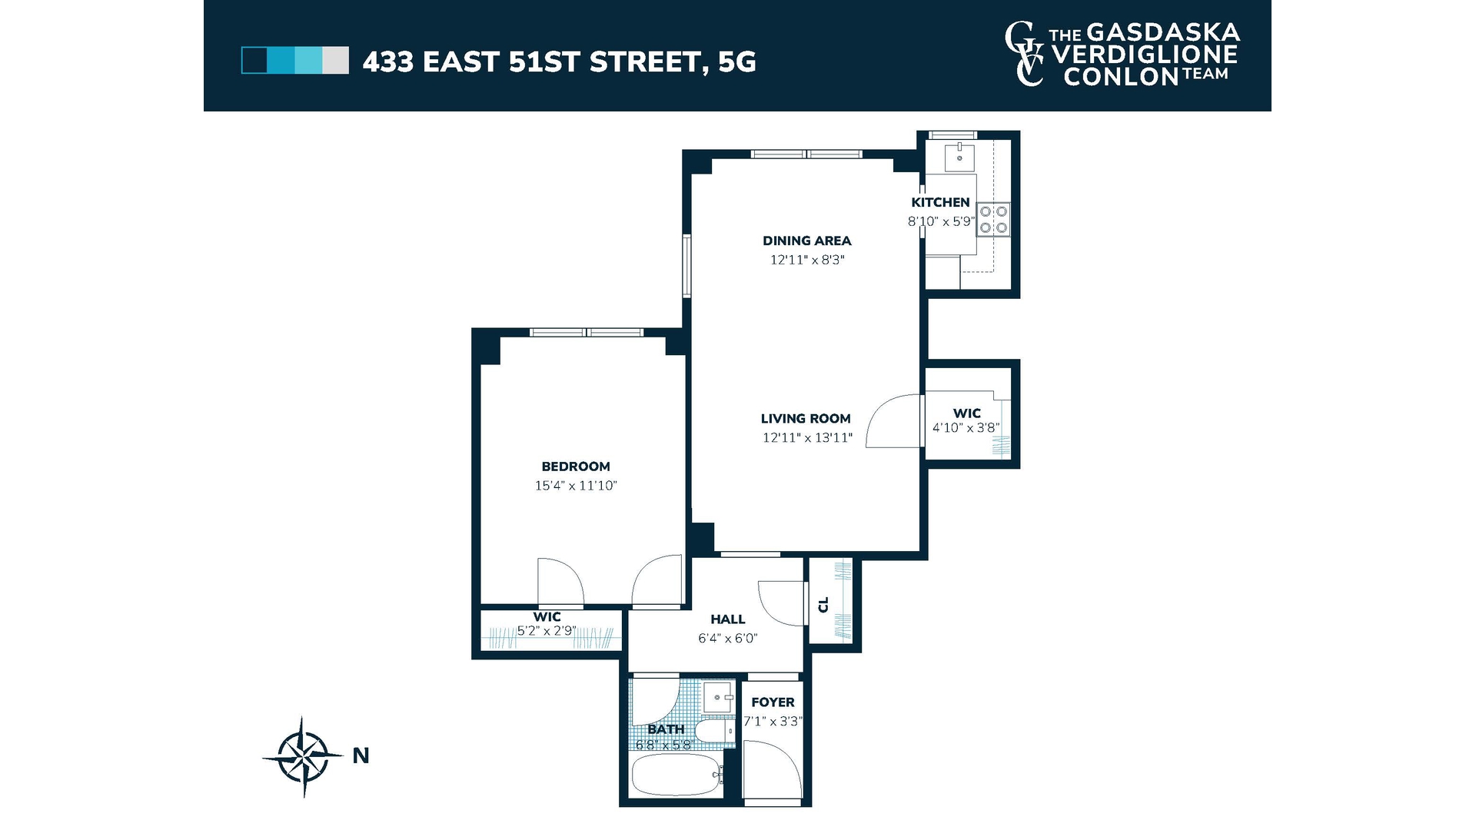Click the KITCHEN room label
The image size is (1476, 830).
point(940,202)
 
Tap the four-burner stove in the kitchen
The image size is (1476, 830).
point(993,219)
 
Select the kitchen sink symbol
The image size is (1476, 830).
point(959,157)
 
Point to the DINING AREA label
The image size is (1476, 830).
point(806,241)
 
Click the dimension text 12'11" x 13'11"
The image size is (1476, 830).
point(806,438)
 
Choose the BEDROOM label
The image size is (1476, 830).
point(575,466)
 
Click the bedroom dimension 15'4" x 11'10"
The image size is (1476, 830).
point(575,486)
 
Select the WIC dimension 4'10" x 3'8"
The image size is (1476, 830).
point(966,428)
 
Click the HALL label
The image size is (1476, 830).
point(727,619)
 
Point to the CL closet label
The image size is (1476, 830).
point(824,605)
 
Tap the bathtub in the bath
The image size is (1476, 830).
point(675,775)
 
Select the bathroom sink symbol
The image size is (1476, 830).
point(720,697)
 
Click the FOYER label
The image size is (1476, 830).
point(773,702)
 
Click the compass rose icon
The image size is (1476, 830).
point(303,756)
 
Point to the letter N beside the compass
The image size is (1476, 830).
point(361,756)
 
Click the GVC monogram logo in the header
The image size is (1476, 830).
point(1025,54)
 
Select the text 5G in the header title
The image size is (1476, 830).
point(736,61)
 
